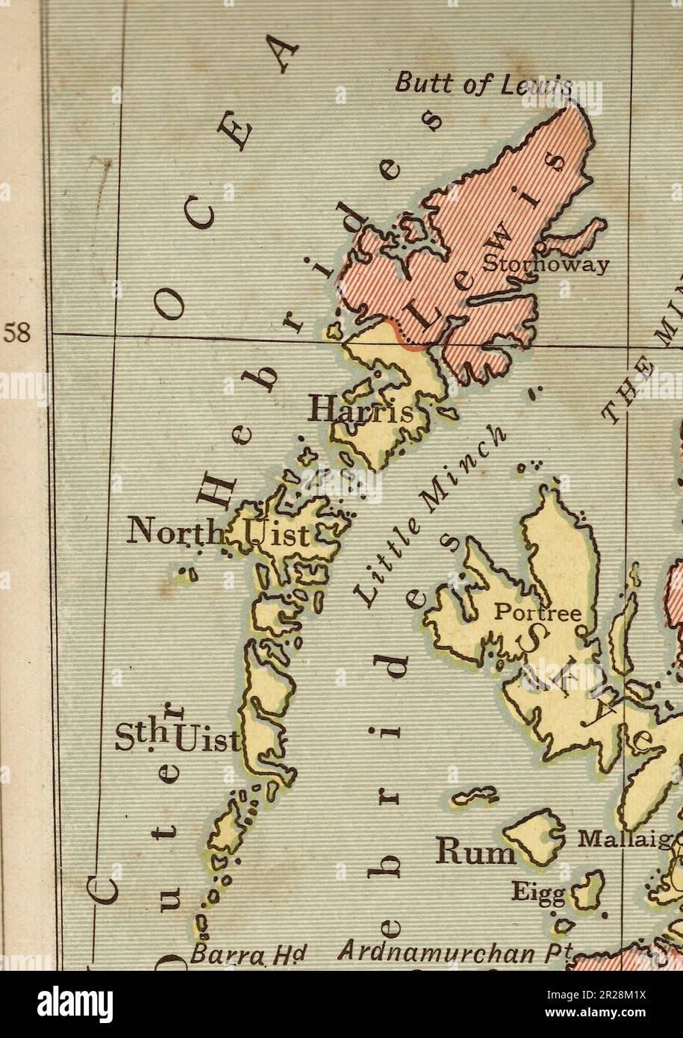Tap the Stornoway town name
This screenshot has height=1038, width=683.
pyautogui.click(x=546, y=264)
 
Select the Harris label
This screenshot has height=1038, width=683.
pyautogui.click(x=361, y=410)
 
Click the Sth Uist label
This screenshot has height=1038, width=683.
pyautogui.click(x=178, y=737)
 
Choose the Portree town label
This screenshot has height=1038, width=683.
pyautogui.click(x=537, y=613)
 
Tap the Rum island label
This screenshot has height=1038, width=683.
pyautogui.click(x=475, y=851)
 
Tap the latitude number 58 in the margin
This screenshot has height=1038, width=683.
pyautogui.click(x=18, y=333)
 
